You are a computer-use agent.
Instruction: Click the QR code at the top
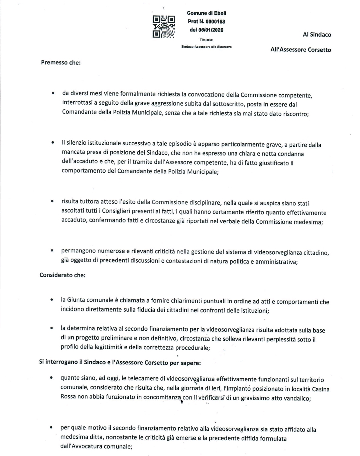click(163, 27)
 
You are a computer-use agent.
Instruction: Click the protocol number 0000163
click(215, 21)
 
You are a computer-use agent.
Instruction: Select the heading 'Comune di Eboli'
click(207, 13)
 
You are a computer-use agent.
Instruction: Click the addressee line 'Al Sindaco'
click(317, 35)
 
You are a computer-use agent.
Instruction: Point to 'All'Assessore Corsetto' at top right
click(301, 50)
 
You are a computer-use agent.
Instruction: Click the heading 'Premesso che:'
click(61, 63)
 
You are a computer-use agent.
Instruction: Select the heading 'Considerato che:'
click(62, 275)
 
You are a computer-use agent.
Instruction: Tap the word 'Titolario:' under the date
click(207, 40)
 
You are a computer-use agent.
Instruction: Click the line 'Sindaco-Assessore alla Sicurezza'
click(207, 47)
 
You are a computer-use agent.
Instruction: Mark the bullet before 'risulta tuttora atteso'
click(53, 201)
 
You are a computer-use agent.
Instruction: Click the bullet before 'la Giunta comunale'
click(52, 300)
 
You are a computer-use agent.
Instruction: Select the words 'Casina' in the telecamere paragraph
click(321, 389)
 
